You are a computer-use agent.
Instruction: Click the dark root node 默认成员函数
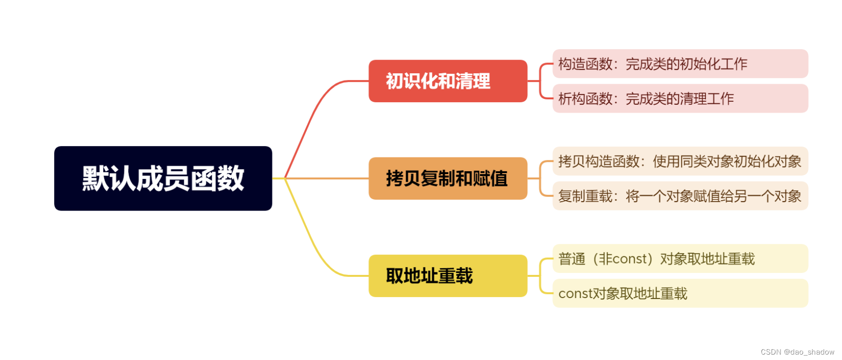coord(163,178)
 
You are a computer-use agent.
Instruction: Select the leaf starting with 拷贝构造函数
coord(680,161)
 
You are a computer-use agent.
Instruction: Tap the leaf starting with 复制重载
coord(680,196)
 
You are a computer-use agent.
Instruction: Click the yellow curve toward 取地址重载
coord(315,246)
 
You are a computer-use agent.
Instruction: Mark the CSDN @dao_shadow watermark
coord(797,352)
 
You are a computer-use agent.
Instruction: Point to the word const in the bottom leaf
coord(575,294)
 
